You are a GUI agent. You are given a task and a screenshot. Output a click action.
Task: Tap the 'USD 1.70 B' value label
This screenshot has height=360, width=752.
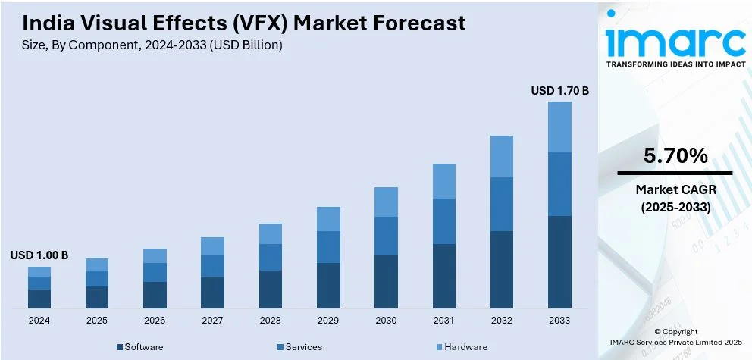559,91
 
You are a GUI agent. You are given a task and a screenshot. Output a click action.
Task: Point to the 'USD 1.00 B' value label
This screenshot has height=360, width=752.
39,256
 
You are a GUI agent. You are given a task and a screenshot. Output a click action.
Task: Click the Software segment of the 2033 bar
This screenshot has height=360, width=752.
559,261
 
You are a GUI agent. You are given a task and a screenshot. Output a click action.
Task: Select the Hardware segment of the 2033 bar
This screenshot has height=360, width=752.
559,127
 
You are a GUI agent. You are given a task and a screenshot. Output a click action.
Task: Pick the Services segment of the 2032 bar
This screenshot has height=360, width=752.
502,204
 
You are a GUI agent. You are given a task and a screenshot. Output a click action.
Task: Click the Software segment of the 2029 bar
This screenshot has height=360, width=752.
328,285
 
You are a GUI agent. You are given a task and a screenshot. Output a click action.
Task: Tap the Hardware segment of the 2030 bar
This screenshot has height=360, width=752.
386,202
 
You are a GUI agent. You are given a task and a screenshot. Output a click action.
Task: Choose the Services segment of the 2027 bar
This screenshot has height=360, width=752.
212,265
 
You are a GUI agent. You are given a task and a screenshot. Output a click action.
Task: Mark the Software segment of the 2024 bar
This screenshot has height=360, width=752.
39,299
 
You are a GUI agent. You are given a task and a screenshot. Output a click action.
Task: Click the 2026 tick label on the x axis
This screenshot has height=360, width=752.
155,320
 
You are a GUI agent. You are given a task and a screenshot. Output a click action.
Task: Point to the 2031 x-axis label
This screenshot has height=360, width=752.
443,320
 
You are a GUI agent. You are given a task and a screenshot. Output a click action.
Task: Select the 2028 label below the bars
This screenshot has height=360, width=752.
270,320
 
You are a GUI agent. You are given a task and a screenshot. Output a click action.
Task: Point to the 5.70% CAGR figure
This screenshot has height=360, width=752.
675,157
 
